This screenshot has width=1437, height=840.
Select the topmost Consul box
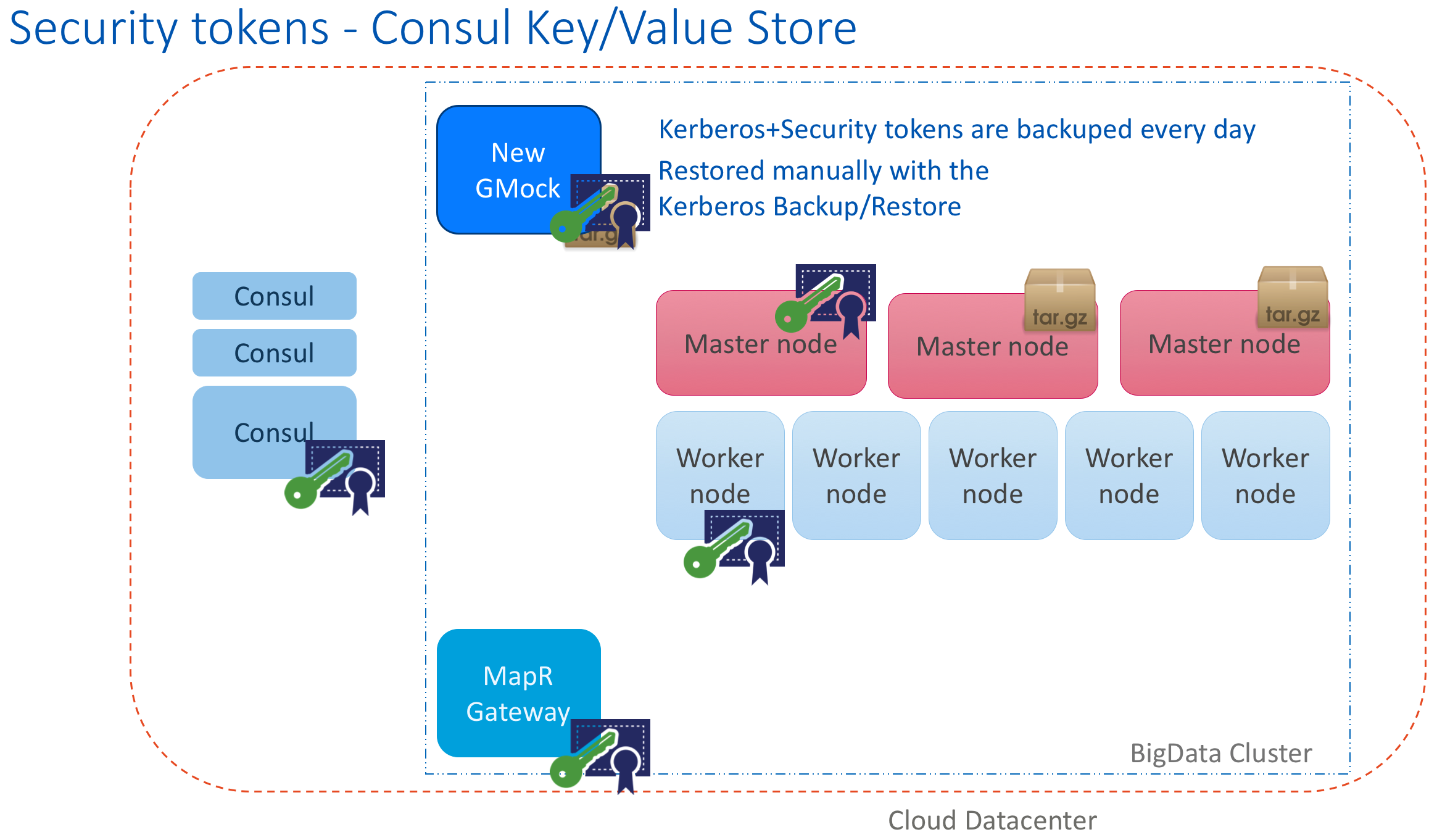[x=274, y=296]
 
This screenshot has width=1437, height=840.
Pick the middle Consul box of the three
[x=274, y=353]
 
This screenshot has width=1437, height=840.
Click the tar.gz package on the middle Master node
[x=1059, y=301]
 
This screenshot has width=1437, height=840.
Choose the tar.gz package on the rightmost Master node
[x=1292, y=297]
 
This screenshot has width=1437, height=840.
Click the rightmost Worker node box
[x=1265, y=475]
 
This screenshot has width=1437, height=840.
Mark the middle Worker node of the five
[x=993, y=475]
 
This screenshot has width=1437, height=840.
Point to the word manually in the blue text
[x=824, y=171]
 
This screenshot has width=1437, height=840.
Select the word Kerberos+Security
[x=768, y=130]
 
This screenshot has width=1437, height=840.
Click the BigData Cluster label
[x=1220, y=753]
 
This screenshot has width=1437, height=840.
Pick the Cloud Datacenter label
[x=992, y=821]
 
